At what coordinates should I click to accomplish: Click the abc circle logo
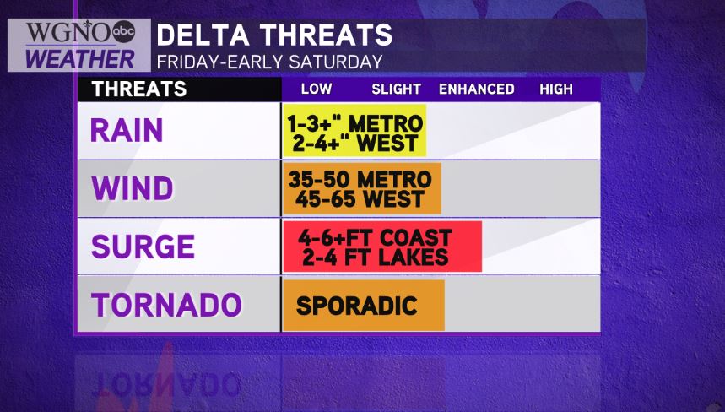click(x=123, y=31)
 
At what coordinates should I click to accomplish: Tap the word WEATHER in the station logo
click(x=79, y=59)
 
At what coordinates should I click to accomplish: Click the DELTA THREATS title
click(x=274, y=35)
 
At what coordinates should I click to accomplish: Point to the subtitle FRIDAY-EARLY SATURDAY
click(x=269, y=62)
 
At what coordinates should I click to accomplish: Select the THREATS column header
click(x=139, y=89)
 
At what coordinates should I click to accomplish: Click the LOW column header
click(x=317, y=89)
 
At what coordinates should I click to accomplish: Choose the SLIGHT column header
click(x=396, y=89)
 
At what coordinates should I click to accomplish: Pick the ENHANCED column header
click(x=477, y=89)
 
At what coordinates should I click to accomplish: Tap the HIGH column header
click(x=556, y=89)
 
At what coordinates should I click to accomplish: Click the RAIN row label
click(x=127, y=130)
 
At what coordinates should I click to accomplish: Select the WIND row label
click(x=133, y=188)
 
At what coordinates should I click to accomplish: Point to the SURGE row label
click(x=143, y=246)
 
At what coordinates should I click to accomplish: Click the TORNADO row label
click(x=167, y=305)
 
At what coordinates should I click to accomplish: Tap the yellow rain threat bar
click(x=354, y=130)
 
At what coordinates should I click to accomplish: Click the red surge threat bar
click(x=382, y=247)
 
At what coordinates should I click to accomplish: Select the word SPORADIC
click(x=356, y=306)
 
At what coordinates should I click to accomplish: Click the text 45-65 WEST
click(x=360, y=199)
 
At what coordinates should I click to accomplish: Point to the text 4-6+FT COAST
click(x=375, y=238)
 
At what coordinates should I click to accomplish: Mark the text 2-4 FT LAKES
click(x=376, y=257)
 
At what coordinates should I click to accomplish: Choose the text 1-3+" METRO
click(x=355, y=123)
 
